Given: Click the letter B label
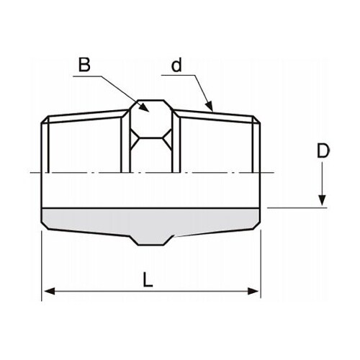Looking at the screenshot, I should pyautogui.click(x=84, y=65).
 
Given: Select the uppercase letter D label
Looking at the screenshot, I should pyautogui.click(x=323, y=152).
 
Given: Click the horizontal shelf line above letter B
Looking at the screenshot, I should pyautogui.click(x=85, y=75).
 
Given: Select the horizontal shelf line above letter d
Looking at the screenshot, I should pyautogui.click(x=176, y=75).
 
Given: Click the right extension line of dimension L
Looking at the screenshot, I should pyautogui.click(x=260, y=266).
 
